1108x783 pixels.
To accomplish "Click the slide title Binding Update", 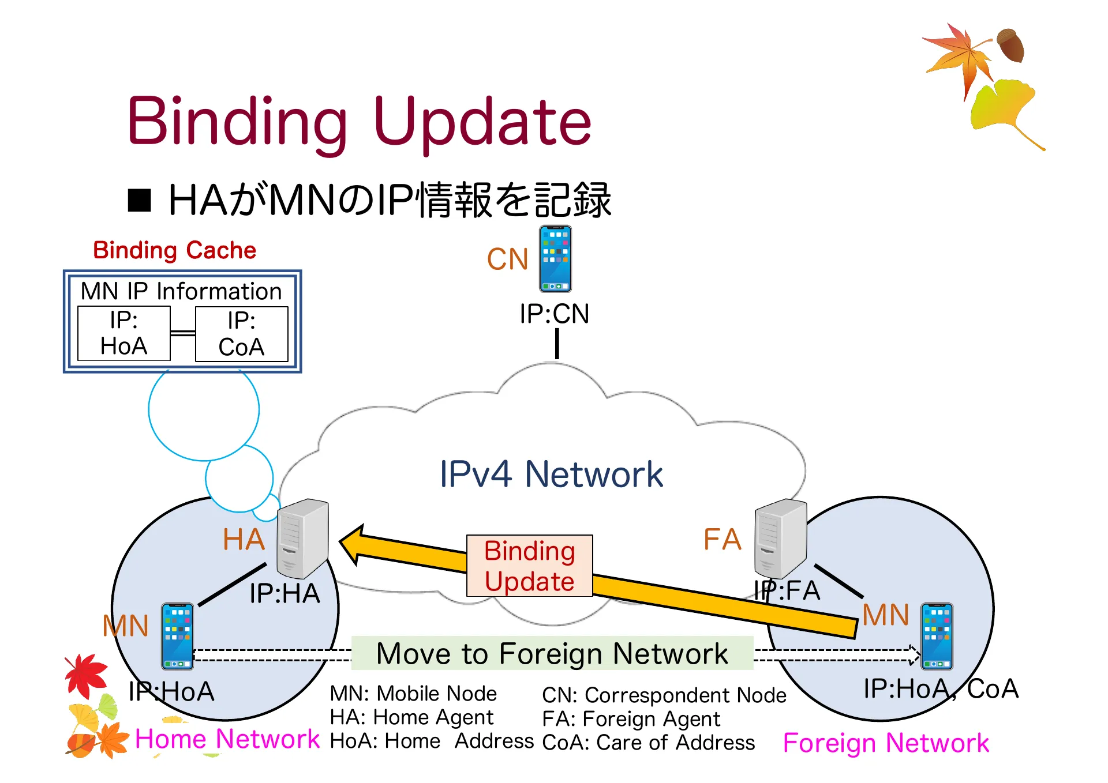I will pyautogui.click(x=359, y=122).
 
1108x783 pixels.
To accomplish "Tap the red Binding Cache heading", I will pyautogui.click(x=174, y=250).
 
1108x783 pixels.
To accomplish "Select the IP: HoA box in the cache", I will pyautogui.click(x=123, y=333).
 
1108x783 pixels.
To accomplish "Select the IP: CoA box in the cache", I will pyautogui.click(x=241, y=334).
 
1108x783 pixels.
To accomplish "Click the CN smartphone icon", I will pyautogui.click(x=555, y=259).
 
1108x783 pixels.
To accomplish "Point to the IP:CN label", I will pyautogui.click(x=554, y=314).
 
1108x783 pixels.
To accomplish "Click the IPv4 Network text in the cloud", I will pyautogui.click(x=551, y=474).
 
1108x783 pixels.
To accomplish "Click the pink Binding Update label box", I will pyautogui.click(x=529, y=566).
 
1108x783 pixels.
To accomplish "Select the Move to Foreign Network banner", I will pyautogui.click(x=552, y=653).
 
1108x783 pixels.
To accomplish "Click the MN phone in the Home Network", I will pyautogui.click(x=177, y=636).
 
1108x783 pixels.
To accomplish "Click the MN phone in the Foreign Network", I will pyautogui.click(x=936, y=636).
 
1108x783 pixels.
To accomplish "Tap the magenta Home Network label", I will pyautogui.click(x=227, y=739).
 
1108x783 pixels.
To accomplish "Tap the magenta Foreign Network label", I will pyautogui.click(x=886, y=743).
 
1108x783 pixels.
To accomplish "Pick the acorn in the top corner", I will pyautogui.click(x=1010, y=45).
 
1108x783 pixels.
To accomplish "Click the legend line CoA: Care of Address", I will pyautogui.click(x=648, y=743).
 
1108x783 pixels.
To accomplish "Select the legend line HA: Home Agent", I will pyautogui.click(x=411, y=717).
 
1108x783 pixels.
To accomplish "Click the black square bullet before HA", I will pyautogui.click(x=139, y=201).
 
